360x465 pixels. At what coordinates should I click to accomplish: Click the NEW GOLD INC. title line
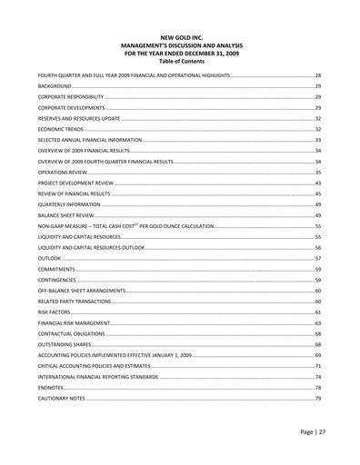pyautogui.click(x=180, y=38)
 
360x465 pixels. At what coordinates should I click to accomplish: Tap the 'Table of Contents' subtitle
pyautogui.click(x=180, y=60)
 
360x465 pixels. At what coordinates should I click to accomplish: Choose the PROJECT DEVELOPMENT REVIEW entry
pyautogui.click(x=75, y=183)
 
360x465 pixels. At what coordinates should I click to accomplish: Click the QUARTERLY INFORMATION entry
pyautogui.click(x=67, y=204)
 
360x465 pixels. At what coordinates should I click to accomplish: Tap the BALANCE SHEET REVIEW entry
pyautogui.click(x=66, y=215)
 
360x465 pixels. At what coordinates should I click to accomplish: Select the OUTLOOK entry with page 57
pyautogui.click(x=49, y=258)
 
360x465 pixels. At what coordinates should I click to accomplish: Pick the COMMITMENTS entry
pyautogui.click(x=55, y=269)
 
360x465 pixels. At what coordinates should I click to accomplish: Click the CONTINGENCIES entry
pyautogui.click(x=57, y=280)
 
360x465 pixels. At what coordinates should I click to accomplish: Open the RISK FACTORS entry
pyautogui.click(x=54, y=312)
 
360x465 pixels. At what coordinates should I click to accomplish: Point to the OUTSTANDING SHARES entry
pyautogui.click(x=65, y=344)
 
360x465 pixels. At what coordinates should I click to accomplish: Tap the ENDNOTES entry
pyautogui.click(x=51, y=388)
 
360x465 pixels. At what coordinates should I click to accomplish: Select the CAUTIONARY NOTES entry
pyautogui.click(x=61, y=399)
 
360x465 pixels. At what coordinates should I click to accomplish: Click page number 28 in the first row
pyautogui.click(x=318, y=74)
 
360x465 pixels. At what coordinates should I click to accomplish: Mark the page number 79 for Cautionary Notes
pyautogui.click(x=318, y=399)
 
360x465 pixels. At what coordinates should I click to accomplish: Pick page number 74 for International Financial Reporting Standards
pyautogui.click(x=318, y=377)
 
